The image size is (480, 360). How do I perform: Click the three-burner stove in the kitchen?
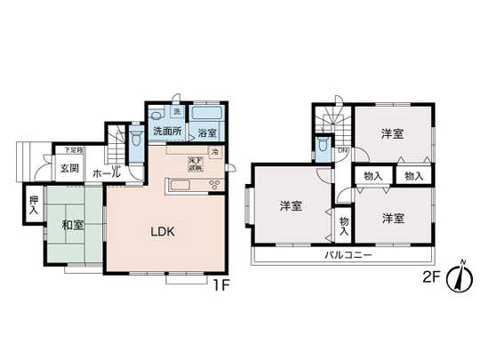(214, 185)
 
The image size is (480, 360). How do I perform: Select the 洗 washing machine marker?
(177, 113)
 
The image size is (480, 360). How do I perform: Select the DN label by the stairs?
(343, 151)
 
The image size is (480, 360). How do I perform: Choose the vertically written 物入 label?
(344, 222)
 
